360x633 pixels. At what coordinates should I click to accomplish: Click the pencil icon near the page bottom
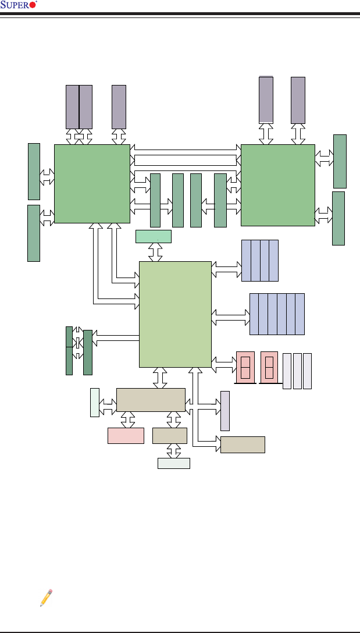tap(46, 598)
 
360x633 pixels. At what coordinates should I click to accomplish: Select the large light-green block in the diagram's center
tap(175, 314)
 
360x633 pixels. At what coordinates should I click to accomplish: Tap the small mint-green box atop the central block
tap(154, 236)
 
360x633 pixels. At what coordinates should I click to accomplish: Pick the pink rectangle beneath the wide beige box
tap(126, 435)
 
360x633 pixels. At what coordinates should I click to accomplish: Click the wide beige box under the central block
tap(151, 400)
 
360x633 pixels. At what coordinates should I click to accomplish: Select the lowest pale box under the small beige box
tap(174, 463)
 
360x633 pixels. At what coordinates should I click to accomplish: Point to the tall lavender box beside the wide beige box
tap(225, 411)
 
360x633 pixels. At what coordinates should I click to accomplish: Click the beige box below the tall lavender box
tap(243, 444)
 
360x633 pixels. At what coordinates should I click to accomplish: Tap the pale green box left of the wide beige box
tap(94, 402)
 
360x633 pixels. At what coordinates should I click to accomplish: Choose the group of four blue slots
tap(260, 260)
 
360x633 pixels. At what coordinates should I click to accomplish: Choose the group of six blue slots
tap(277, 314)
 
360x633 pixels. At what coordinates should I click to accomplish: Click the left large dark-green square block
tap(92, 183)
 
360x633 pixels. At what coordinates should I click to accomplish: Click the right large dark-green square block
tap(277, 184)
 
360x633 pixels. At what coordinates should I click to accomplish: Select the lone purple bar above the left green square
tap(119, 106)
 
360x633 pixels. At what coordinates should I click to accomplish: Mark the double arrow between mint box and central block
tap(155, 252)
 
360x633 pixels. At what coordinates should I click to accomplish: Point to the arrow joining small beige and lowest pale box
tap(173, 451)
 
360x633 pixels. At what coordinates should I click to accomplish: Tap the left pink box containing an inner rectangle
tap(245, 368)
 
